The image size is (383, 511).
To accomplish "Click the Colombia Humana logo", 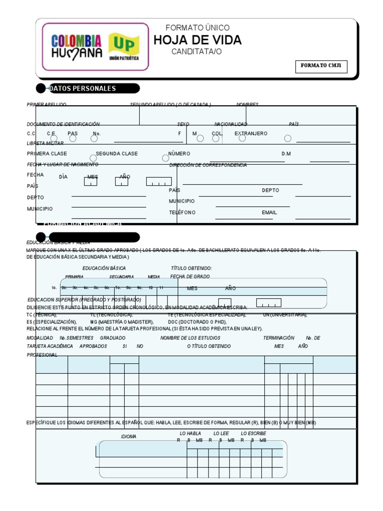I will point(76,46).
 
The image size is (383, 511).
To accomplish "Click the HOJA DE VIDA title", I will point(197,40).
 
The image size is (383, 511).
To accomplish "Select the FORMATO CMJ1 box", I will point(321,66).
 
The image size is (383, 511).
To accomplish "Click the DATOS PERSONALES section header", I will point(82,89).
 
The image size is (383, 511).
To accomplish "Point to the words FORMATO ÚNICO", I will point(197,28).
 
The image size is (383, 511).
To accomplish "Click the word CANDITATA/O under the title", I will point(196,52).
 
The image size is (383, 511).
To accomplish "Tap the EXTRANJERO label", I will point(251,134).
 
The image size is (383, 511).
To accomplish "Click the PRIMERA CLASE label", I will point(47,154).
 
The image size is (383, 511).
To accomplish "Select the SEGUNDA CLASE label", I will point(117,154).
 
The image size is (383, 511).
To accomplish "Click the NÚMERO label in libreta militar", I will point(179,154).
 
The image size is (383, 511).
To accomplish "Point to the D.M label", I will point(286,154).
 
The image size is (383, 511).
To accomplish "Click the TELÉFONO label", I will point(182,213).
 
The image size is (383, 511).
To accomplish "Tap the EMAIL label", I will point(269,213).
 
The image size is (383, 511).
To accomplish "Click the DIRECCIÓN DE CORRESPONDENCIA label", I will point(208,165).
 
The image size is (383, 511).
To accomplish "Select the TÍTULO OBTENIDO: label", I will point(191,268).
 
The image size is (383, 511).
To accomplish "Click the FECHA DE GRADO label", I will point(190,276).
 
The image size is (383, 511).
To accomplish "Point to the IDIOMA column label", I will point(129,437).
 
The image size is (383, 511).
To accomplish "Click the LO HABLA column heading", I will point(190,434).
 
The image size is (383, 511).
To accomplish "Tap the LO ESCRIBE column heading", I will point(253,434).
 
